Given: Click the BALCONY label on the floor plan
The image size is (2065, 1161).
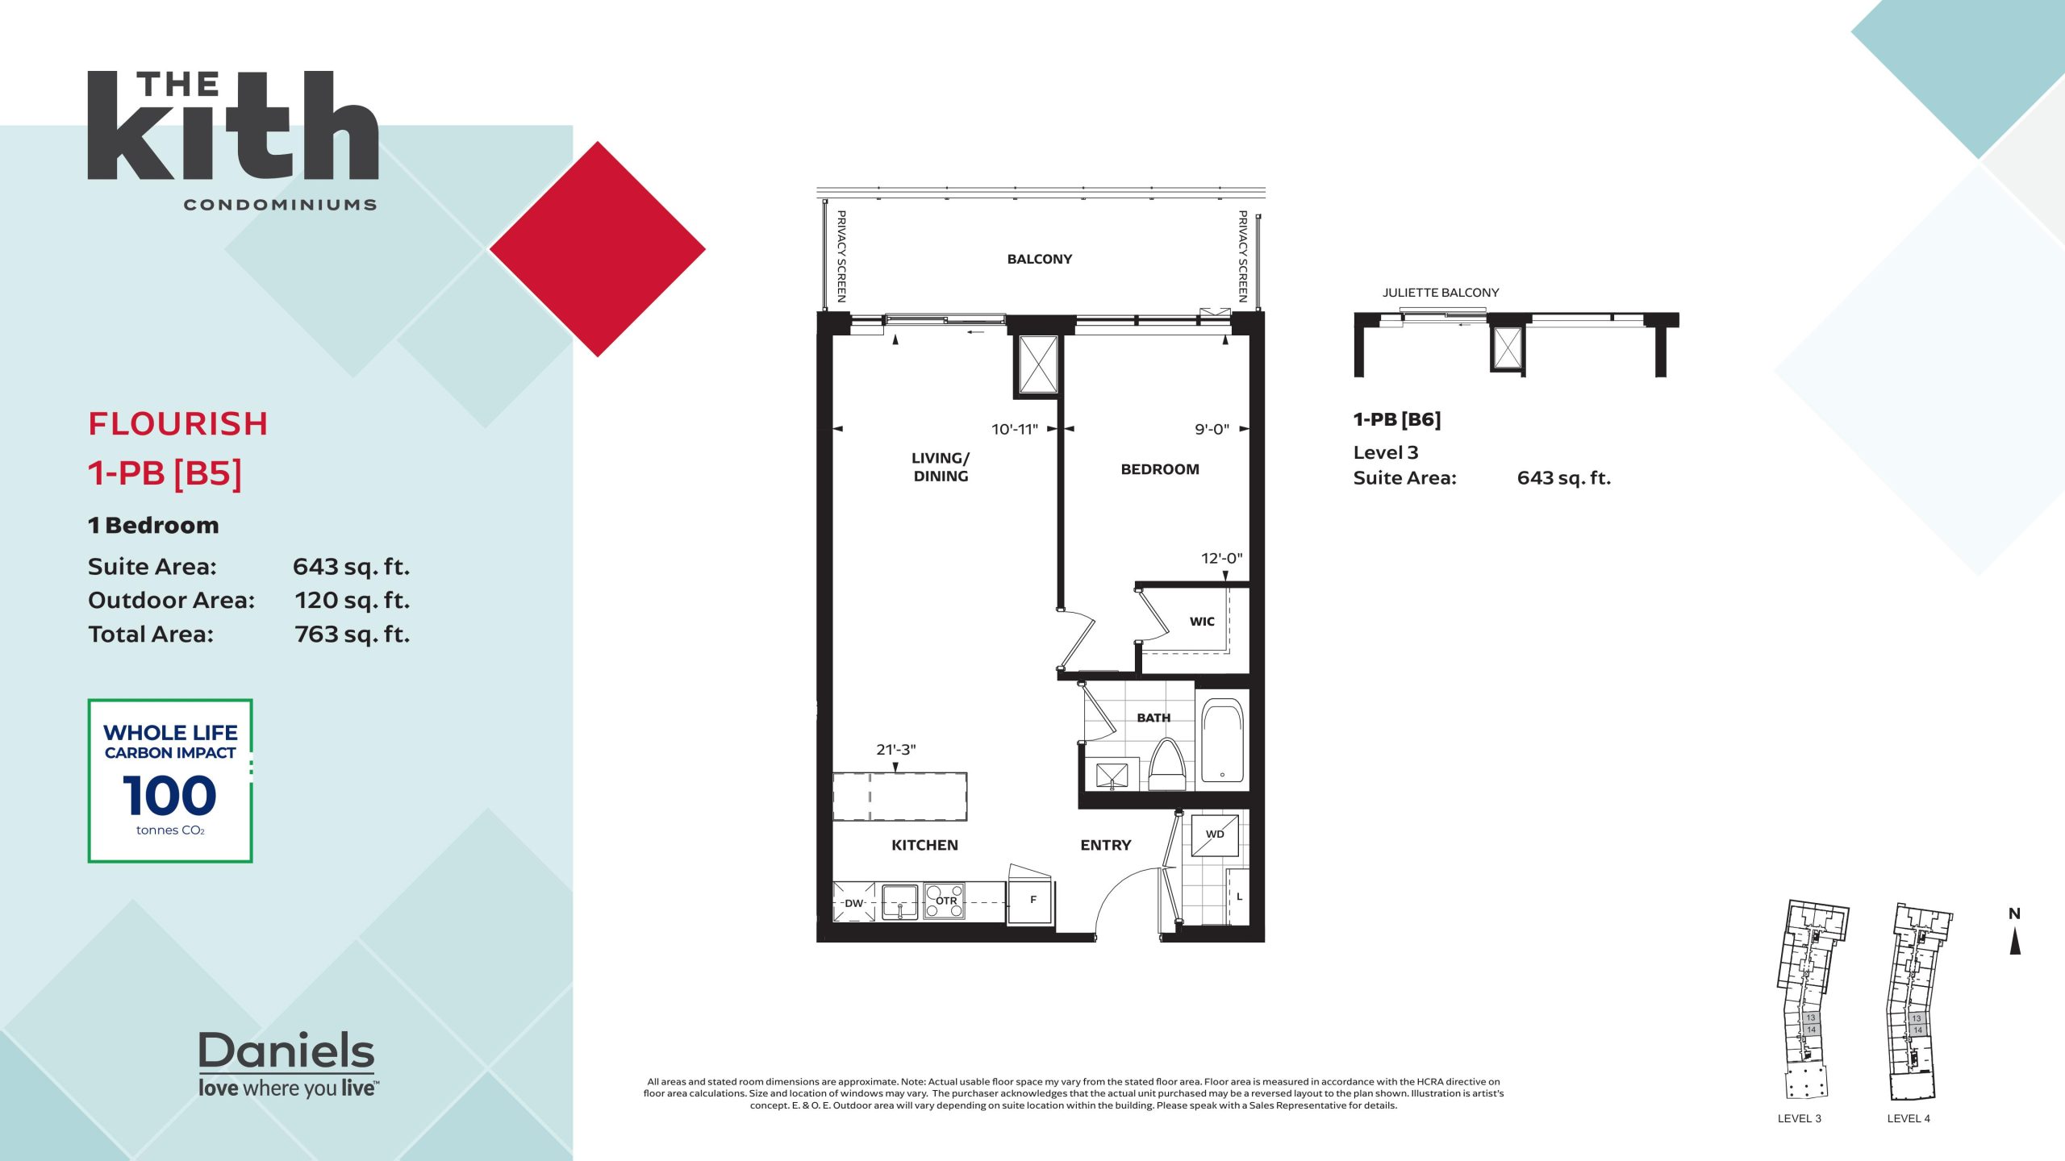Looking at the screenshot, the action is [x=1039, y=259].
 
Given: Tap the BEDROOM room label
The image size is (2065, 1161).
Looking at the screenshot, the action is [x=1159, y=469].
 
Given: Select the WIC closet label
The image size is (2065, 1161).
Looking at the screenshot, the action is [x=1202, y=621].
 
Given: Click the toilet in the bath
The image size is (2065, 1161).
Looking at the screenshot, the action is [x=1166, y=765].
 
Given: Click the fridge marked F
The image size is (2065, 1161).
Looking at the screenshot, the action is [x=1032, y=900].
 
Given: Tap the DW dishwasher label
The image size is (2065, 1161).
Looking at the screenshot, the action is [x=853, y=903].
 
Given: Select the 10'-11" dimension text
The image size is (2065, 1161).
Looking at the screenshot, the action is [x=1015, y=429].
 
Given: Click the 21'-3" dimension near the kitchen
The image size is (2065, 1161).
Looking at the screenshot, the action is [x=895, y=749].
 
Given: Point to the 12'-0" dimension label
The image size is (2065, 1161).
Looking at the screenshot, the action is [x=1221, y=558].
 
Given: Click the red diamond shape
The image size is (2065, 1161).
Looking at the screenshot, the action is [x=598, y=249].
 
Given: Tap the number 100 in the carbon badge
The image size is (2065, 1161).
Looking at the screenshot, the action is [x=169, y=796].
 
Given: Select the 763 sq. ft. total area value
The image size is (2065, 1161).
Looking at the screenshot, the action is [x=352, y=634].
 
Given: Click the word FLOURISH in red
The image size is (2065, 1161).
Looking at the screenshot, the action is [x=177, y=424].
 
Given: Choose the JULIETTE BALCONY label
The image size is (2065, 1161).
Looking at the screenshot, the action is [x=1441, y=293].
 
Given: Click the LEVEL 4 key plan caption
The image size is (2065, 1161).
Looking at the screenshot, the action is [x=1909, y=1118].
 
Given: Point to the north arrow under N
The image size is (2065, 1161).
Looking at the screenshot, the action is [x=2014, y=941].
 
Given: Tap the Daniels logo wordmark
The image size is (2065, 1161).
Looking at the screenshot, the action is [x=286, y=1051].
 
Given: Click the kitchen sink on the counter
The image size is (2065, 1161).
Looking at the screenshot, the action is [x=900, y=902].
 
